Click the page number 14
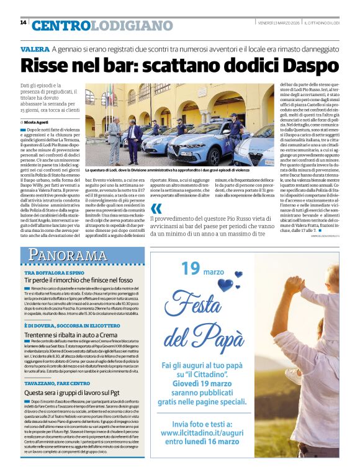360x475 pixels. point(23,22)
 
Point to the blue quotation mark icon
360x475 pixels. point(156,208)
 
